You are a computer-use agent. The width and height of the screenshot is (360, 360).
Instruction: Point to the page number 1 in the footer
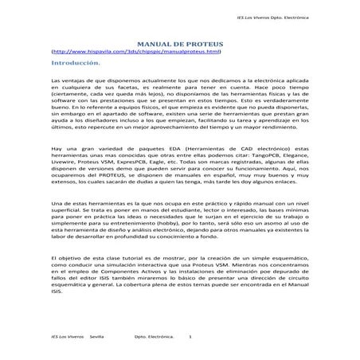pyautogui.click(x=202, y=338)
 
